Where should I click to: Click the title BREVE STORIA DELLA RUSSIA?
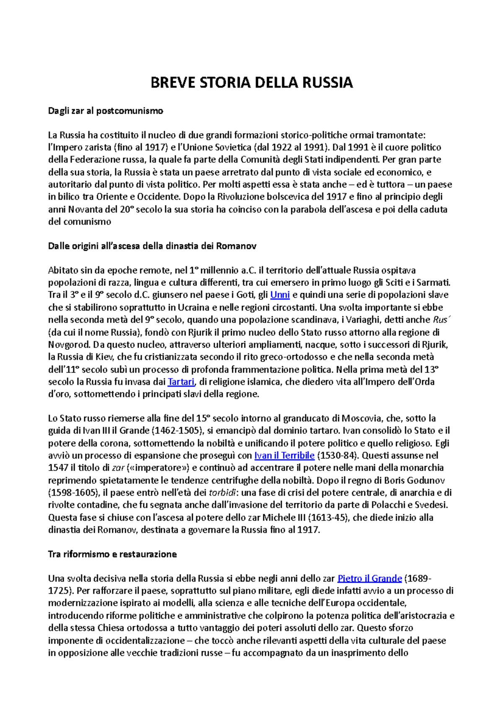(x=251, y=83)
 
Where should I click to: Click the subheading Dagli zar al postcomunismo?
(x=106, y=111)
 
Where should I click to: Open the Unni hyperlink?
(x=280, y=295)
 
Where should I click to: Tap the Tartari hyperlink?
(x=181, y=382)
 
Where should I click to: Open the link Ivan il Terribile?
(x=284, y=456)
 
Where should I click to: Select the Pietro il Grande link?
(x=370, y=579)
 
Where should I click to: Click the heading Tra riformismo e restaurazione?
(x=112, y=554)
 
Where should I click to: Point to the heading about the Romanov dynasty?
(x=152, y=246)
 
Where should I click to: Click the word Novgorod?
(x=69, y=345)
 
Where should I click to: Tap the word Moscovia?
(x=361, y=418)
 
